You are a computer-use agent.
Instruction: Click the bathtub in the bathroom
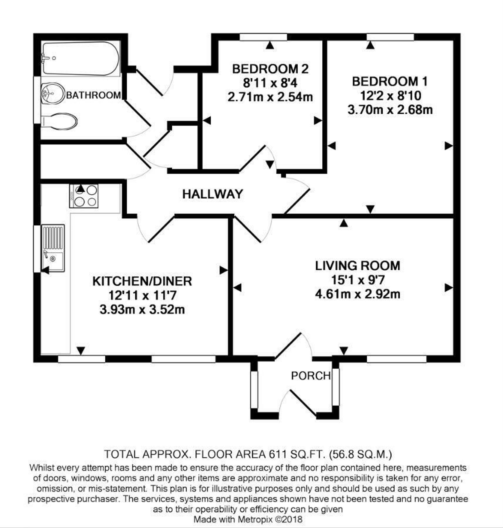(80, 58)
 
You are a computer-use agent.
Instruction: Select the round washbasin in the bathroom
(53, 94)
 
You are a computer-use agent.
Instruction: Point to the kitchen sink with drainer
(53, 248)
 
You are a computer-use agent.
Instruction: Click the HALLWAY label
(212, 194)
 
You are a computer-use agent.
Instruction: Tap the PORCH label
(311, 376)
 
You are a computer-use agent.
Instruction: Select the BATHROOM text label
(93, 95)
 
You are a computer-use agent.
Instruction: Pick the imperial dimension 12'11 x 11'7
(142, 296)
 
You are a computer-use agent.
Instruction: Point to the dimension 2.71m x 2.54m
(270, 97)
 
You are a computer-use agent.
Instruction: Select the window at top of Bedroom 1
(390, 37)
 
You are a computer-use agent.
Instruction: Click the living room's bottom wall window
(396, 359)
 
